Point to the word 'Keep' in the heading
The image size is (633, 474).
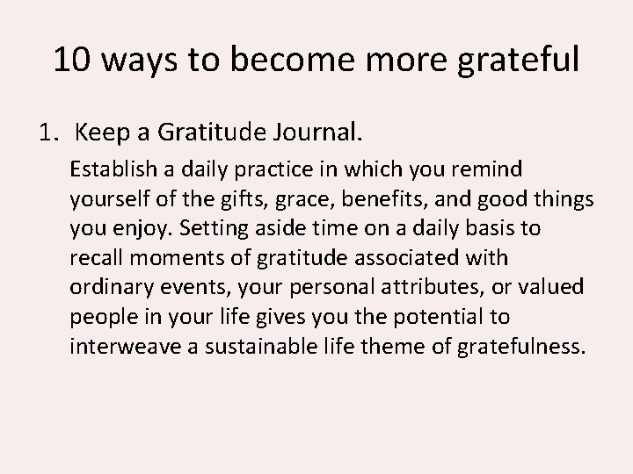click(x=102, y=133)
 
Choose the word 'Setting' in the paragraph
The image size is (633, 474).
click(x=211, y=228)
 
